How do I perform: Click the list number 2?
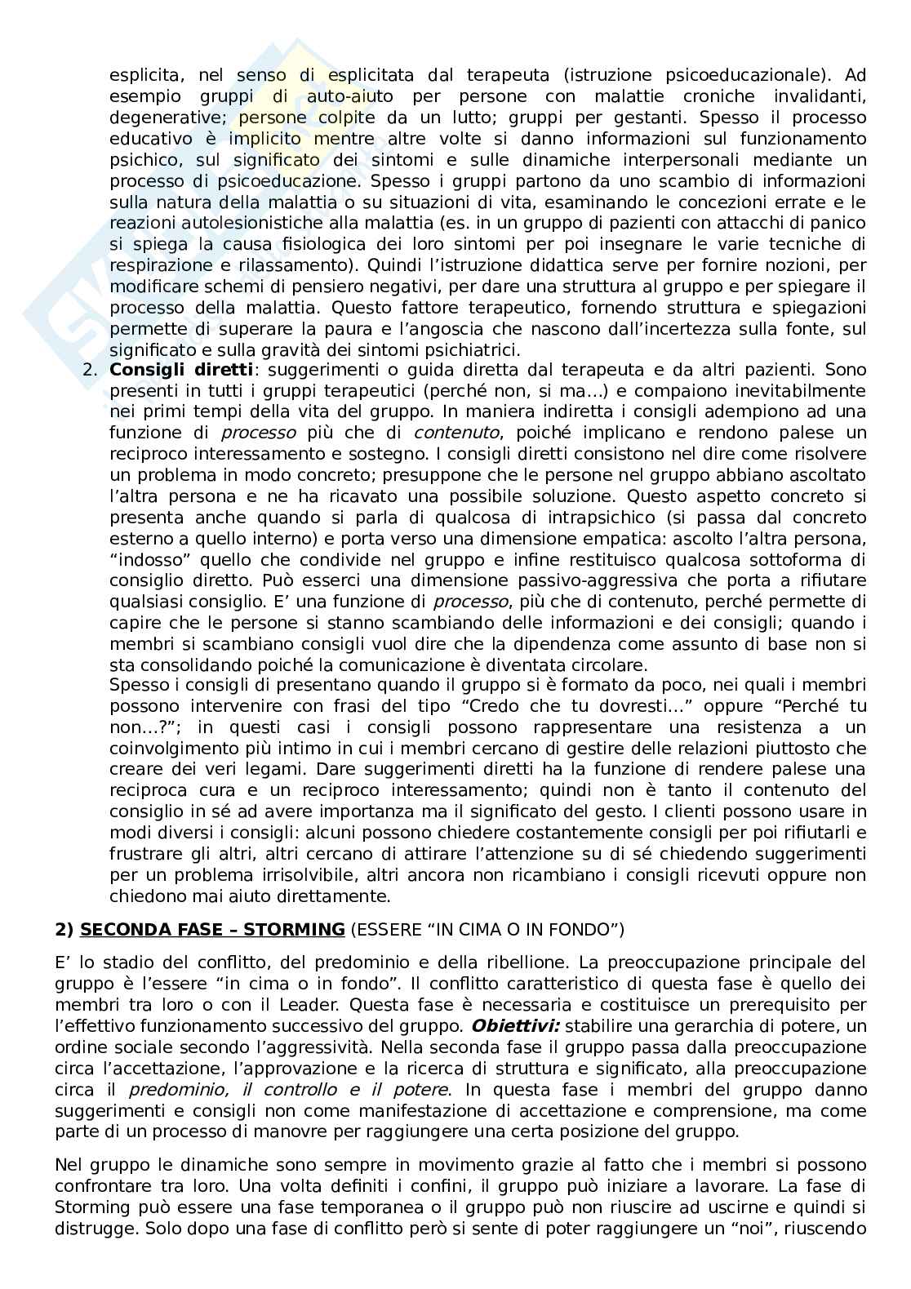(x=90, y=370)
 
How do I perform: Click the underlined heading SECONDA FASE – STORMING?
(x=212, y=929)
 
